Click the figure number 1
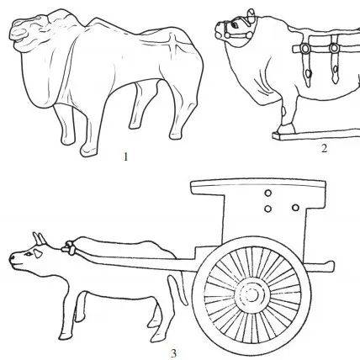(x=125, y=156)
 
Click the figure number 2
(x=324, y=148)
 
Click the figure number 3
(x=174, y=353)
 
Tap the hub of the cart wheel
(x=251, y=294)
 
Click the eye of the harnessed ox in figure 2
(x=234, y=25)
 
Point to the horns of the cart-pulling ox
(x=39, y=238)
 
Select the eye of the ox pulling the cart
(x=29, y=254)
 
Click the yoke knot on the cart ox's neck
(x=69, y=248)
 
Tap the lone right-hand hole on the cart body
(x=295, y=208)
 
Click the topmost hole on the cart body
(x=268, y=193)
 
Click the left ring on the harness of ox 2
(x=305, y=49)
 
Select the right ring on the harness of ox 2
(x=334, y=48)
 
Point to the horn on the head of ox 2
(x=251, y=15)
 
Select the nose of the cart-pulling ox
(x=13, y=258)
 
